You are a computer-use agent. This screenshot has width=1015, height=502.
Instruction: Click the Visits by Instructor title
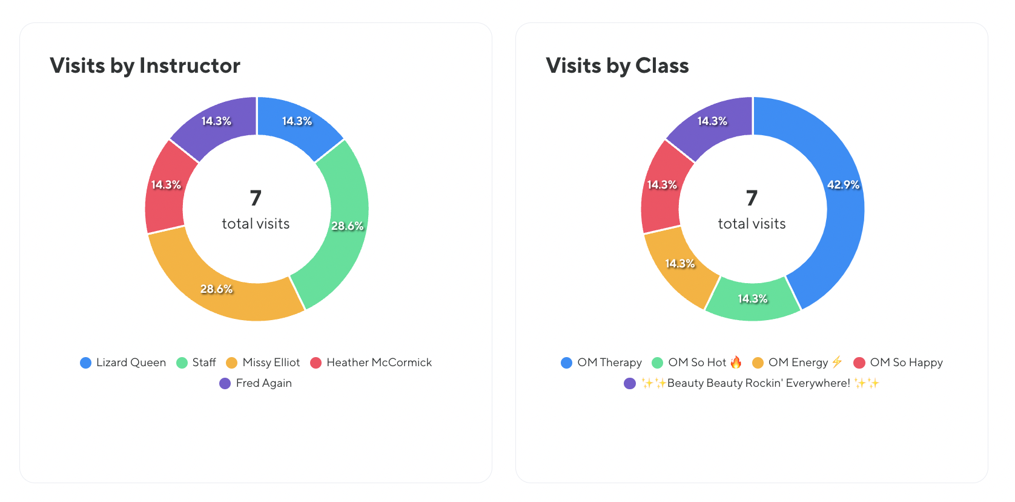(145, 65)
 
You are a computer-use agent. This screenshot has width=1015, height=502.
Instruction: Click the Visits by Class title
(617, 65)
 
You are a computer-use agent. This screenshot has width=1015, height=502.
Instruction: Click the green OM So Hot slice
(753, 300)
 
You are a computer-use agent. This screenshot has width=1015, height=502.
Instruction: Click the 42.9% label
(843, 185)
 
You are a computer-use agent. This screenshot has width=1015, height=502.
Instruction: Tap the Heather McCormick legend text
(379, 363)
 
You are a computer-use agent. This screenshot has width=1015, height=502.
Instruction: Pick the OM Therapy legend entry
(609, 363)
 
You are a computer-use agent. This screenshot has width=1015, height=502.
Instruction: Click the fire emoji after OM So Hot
(736, 363)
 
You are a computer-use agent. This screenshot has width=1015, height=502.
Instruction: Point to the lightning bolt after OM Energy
(837, 362)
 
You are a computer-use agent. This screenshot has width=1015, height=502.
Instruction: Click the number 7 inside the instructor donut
(256, 198)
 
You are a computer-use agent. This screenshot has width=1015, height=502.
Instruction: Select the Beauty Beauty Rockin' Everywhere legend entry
(758, 383)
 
